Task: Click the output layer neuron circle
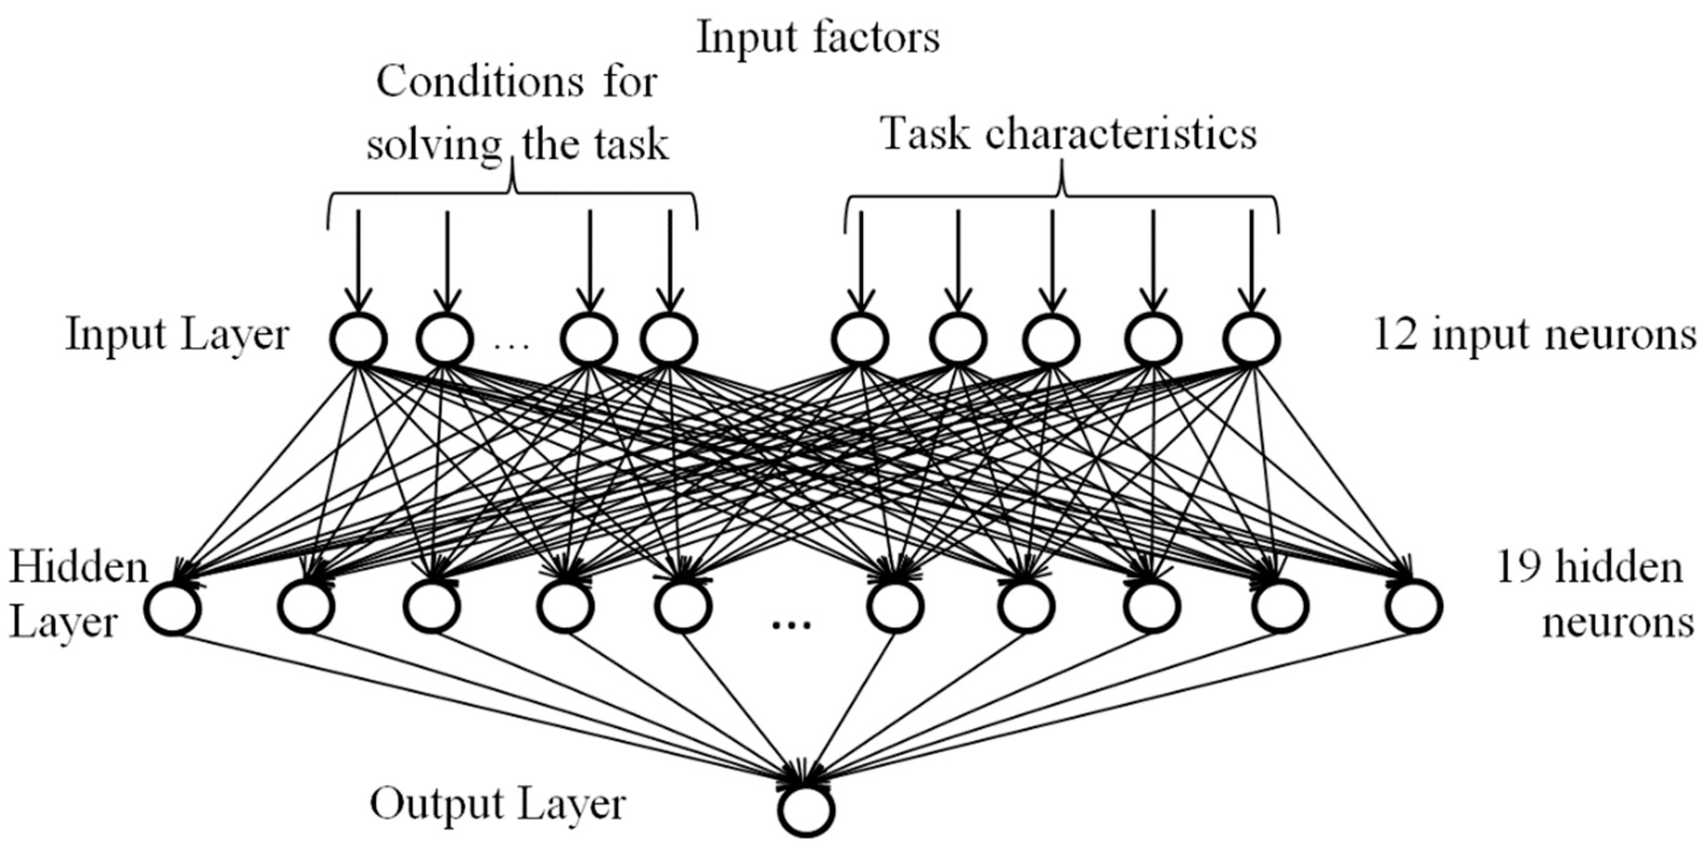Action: click(x=806, y=810)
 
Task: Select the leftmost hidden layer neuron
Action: click(x=173, y=607)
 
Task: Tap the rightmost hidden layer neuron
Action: click(x=1414, y=606)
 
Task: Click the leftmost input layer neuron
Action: click(x=358, y=339)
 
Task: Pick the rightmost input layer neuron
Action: click(x=1251, y=339)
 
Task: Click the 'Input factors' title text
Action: click(x=818, y=38)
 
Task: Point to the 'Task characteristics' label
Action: click(x=1069, y=133)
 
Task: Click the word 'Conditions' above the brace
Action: click(x=480, y=83)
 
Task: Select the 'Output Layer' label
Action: click(x=497, y=804)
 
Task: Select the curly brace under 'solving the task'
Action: click(x=512, y=192)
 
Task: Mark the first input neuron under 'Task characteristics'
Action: click(x=860, y=339)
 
